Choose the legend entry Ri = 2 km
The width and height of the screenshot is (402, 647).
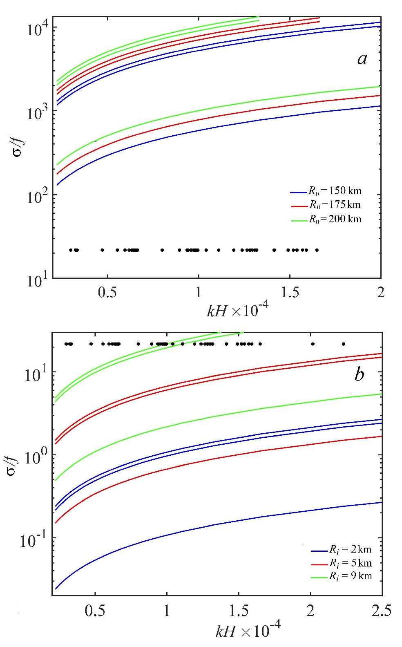click(351, 549)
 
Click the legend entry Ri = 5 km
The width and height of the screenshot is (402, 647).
click(351, 563)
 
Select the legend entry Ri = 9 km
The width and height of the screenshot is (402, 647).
click(351, 576)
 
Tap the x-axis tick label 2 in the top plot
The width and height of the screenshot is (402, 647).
click(381, 292)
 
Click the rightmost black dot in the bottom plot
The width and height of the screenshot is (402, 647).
click(344, 344)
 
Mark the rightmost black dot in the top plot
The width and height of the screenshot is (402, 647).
click(317, 250)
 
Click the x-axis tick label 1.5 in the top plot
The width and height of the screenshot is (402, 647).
click(290, 292)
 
